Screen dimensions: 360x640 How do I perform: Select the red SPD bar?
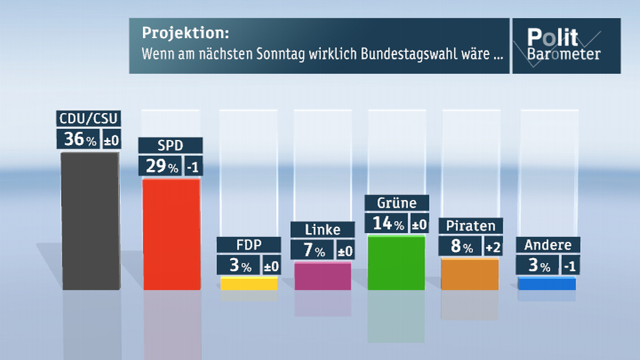click(172, 234)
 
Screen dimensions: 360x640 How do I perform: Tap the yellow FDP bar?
click(249, 284)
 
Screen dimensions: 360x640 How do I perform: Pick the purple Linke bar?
click(322, 276)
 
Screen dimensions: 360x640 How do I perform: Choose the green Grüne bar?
click(396, 262)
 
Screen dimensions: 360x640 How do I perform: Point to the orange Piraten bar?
click(469, 274)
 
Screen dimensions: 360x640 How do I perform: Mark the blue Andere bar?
click(546, 284)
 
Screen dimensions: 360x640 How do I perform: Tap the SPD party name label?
click(171, 146)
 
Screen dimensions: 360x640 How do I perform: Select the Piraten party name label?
click(471, 226)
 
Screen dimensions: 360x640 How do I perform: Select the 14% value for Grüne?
click(387, 224)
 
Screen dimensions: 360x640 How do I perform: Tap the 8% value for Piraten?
click(461, 247)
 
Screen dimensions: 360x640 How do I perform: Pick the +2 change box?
click(493, 247)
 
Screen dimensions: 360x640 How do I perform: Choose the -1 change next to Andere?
click(569, 266)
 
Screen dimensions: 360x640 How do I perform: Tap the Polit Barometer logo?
click(564, 45)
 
